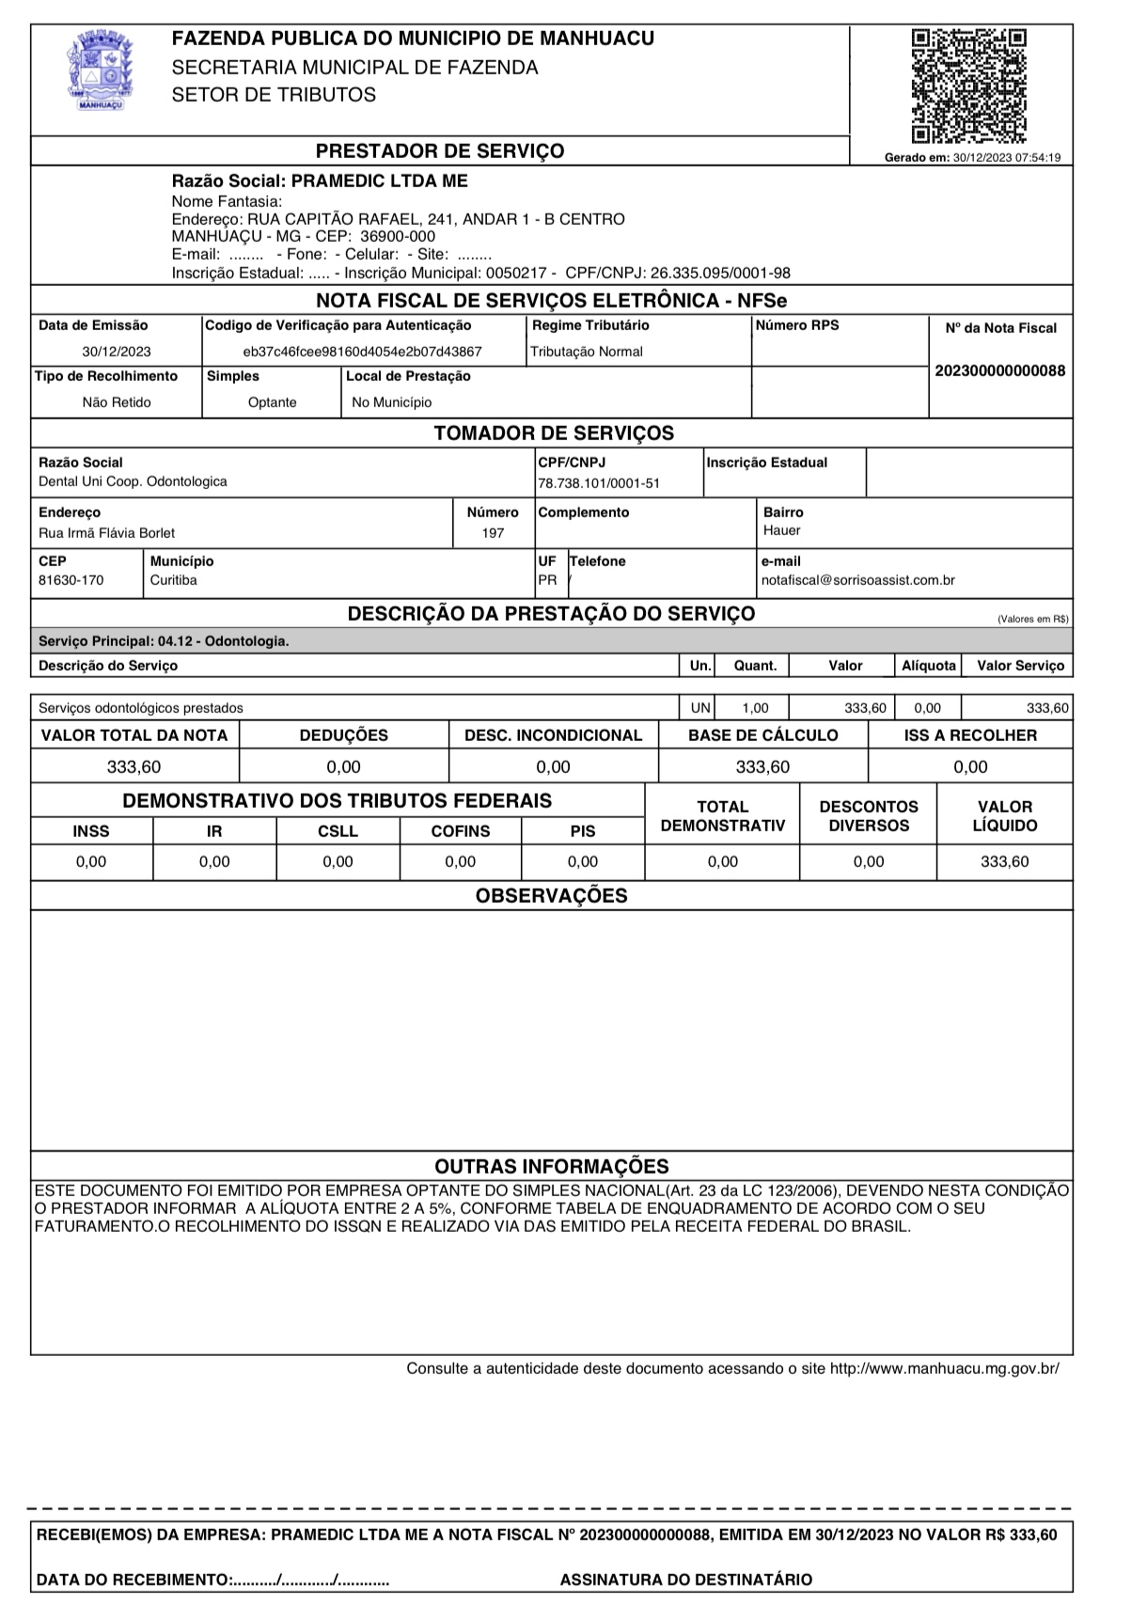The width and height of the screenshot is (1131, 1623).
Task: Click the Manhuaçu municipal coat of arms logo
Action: (x=99, y=71)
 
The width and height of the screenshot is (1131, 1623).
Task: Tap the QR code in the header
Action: (x=967, y=85)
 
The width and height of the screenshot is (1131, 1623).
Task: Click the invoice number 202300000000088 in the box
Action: (x=1000, y=370)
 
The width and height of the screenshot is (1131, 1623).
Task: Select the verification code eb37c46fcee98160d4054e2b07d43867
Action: (x=362, y=352)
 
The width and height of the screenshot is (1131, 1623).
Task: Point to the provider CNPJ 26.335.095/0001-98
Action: (x=720, y=274)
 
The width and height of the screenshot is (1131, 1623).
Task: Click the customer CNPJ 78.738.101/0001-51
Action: (x=599, y=483)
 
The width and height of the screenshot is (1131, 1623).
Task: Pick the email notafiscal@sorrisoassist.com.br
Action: (x=857, y=580)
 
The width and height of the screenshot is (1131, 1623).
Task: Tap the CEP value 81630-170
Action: (x=71, y=580)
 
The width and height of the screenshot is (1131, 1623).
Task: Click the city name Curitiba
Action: (x=173, y=580)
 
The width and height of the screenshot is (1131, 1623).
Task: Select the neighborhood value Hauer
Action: (x=781, y=530)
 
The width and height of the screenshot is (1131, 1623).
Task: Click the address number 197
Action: (x=493, y=533)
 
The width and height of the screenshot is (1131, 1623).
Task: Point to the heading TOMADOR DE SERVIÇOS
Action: (x=553, y=433)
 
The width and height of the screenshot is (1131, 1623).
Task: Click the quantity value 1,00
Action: (x=755, y=708)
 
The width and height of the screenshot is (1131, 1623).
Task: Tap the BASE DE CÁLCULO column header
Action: (x=762, y=735)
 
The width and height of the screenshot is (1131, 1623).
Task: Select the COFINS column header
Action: (x=460, y=831)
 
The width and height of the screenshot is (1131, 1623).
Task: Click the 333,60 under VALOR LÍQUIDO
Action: (x=1004, y=861)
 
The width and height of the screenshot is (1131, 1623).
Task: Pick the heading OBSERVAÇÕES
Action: (x=551, y=896)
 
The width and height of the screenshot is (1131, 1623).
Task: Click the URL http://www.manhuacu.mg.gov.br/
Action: (x=944, y=1368)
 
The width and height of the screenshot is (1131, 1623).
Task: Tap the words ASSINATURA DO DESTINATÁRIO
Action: (x=685, y=1580)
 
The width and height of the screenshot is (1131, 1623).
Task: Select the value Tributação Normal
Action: (x=587, y=352)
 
